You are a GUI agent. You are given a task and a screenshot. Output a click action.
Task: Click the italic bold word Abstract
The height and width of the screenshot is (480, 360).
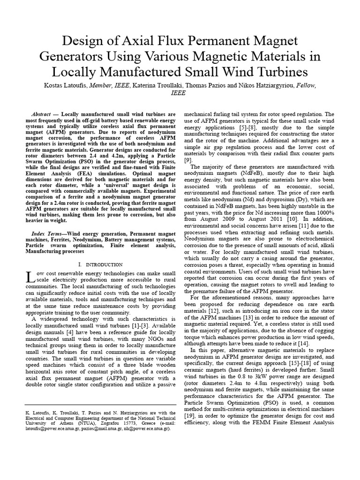point(41,114)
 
